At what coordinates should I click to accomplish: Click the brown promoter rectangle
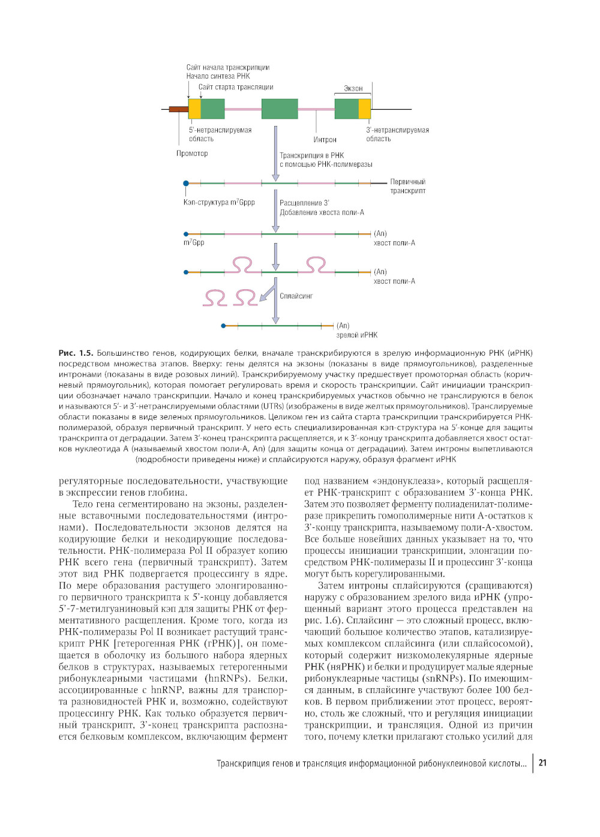coord(178,109)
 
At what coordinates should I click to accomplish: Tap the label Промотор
coord(192,154)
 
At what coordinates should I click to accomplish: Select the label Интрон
coord(325,140)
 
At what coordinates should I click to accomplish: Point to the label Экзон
coord(353,89)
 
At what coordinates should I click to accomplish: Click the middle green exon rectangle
coord(280,109)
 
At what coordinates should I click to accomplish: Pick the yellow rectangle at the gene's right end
coord(365,109)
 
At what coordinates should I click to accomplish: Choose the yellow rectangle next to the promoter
coord(194,109)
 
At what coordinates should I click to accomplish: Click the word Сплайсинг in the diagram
coord(296,296)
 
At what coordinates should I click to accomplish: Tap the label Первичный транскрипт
coord(407,187)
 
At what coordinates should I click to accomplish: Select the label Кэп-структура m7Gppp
coord(219,203)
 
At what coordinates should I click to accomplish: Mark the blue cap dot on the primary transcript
coord(186,183)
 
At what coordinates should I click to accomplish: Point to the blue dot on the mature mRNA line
coord(223,326)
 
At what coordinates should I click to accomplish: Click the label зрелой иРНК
coord(356,335)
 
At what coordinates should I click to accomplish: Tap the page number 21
coord(542,763)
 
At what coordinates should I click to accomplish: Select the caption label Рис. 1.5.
coord(76,353)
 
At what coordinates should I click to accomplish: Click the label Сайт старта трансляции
coord(236,88)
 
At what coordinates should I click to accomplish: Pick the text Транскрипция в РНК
coord(311,155)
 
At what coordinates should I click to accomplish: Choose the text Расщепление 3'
coord(304,203)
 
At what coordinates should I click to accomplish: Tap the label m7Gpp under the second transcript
coord(194,243)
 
